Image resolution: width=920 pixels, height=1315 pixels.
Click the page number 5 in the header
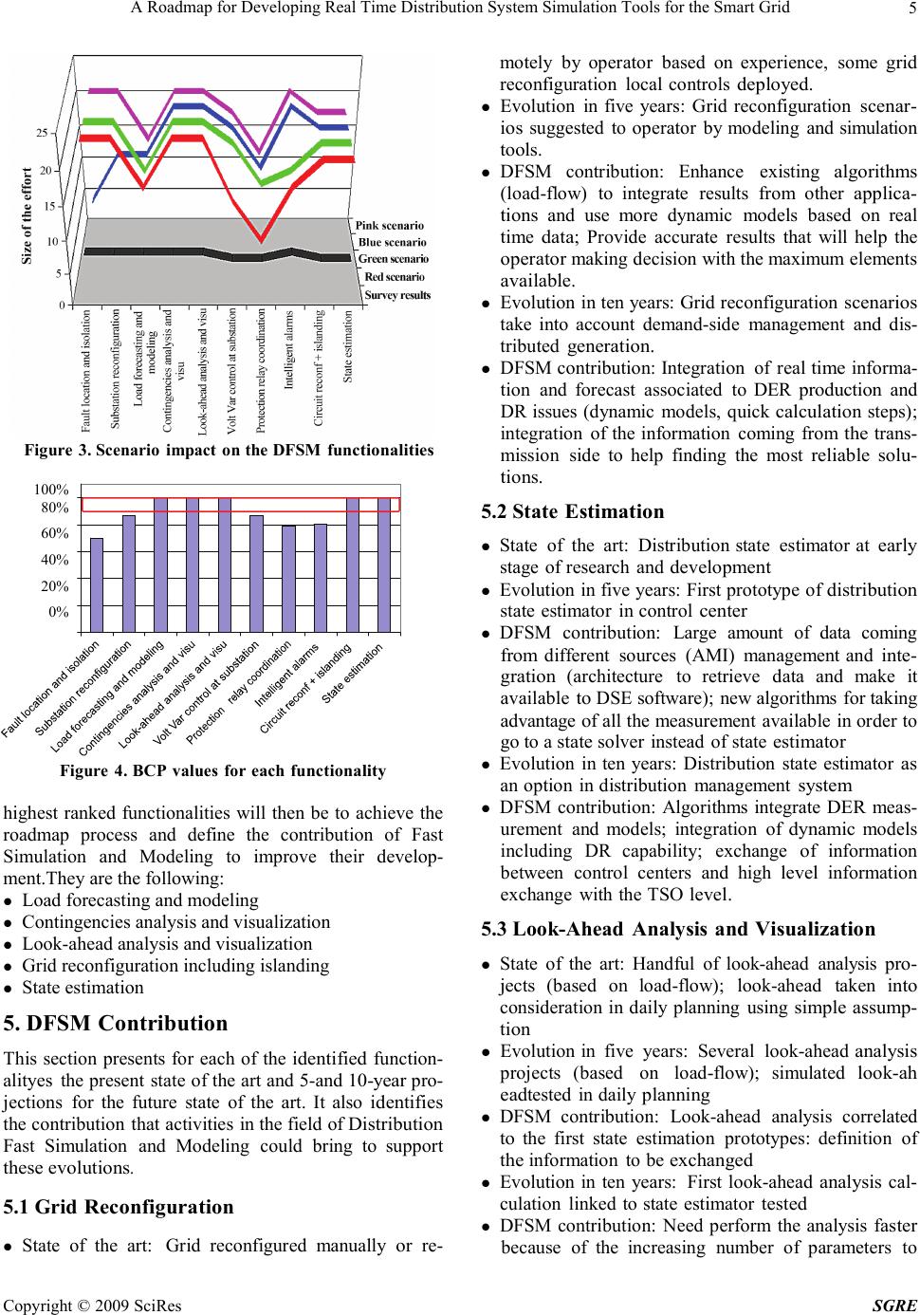[909, 10]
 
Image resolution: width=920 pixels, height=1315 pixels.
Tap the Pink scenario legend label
[389, 226]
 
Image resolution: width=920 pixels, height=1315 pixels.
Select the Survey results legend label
[397, 295]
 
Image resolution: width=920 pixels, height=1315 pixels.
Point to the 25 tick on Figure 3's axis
[42, 133]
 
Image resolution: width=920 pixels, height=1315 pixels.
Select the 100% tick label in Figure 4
[51, 488]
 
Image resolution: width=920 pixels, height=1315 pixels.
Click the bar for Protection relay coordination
[288, 578]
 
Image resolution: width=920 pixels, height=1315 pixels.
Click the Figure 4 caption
[222, 770]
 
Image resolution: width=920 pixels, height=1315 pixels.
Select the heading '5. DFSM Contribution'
[116, 1024]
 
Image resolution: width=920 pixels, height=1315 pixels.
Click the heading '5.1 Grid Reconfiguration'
[119, 1207]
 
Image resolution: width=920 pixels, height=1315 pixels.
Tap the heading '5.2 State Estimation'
[573, 512]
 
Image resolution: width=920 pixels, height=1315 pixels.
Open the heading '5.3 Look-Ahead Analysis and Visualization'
[678, 929]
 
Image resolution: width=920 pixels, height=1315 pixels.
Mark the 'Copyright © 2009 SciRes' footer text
[93, 1306]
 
